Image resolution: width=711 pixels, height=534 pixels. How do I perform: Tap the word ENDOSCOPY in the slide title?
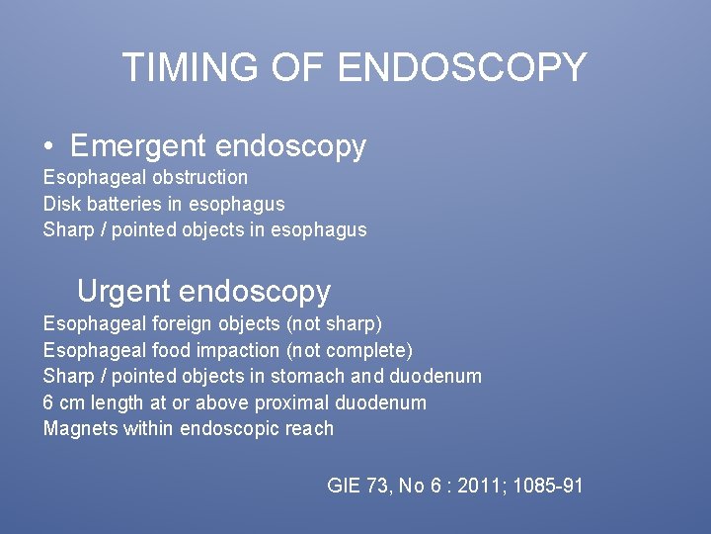[x=462, y=67]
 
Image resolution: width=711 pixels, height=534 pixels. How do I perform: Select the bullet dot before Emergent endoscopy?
[x=48, y=147]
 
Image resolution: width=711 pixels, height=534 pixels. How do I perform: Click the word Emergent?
[x=137, y=146]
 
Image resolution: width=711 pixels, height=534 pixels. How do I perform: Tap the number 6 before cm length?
[x=48, y=403]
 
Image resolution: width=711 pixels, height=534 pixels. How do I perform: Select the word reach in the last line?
[x=311, y=429]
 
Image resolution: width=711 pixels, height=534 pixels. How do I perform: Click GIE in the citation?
[x=344, y=486]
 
